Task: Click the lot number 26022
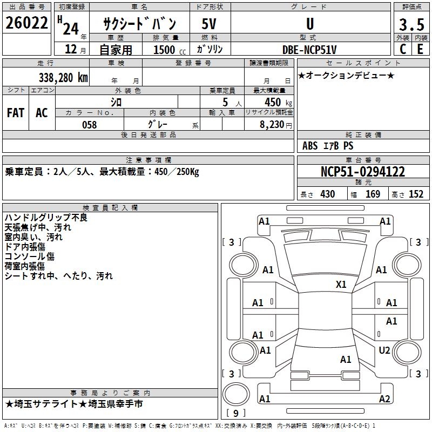click(x=25, y=23)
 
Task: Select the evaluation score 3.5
click(x=411, y=25)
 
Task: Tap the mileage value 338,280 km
click(x=63, y=77)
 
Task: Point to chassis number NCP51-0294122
click(x=362, y=172)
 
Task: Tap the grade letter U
click(x=309, y=24)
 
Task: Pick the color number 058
click(x=89, y=125)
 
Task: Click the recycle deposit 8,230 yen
click(x=274, y=125)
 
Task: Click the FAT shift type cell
click(x=16, y=113)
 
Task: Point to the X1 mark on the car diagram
click(x=341, y=284)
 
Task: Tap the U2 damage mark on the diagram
click(x=384, y=350)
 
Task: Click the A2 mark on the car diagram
click(x=384, y=399)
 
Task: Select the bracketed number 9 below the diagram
click(x=236, y=414)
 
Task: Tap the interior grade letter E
click(x=419, y=49)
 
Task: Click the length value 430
click(x=327, y=194)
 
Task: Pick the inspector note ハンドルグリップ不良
click(x=46, y=218)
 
